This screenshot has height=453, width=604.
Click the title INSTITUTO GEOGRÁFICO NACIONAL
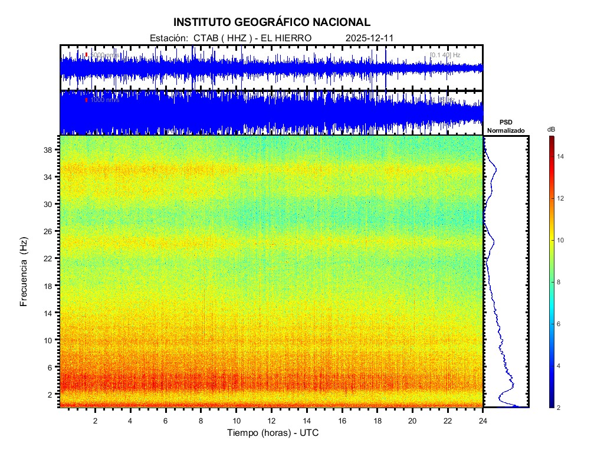pyautogui.click(x=272, y=22)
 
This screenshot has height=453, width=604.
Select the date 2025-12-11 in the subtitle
pyautogui.click(x=369, y=38)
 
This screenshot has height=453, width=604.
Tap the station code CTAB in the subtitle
pyautogui.click(x=206, y=38)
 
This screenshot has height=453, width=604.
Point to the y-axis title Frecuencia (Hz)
pyautogui.click(x=24, y=271)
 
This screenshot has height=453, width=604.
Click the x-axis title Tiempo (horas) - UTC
pyautogui.click(x=273, y=433)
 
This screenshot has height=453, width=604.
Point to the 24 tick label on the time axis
pyautogui.click(x=483, y=420)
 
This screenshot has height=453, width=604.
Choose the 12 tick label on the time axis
pyautogui.click(x=271, y=420)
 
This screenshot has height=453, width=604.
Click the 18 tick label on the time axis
pyautogui.click(x=377, y=420)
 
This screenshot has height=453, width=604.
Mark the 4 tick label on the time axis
pyautogui.click(x=130, y=420)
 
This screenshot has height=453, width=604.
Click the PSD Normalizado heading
pyautogui.click(x=505, y=126)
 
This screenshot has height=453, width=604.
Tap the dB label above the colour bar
pyautogui.click(x=551, y=129)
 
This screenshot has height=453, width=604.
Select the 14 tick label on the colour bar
pyautogui.click(x=562, y=156)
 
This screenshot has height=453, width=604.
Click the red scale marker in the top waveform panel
pyautogui.click(x=86, y=55)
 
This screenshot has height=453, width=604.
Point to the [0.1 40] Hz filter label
pyautogui.click(x=445, y=55)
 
